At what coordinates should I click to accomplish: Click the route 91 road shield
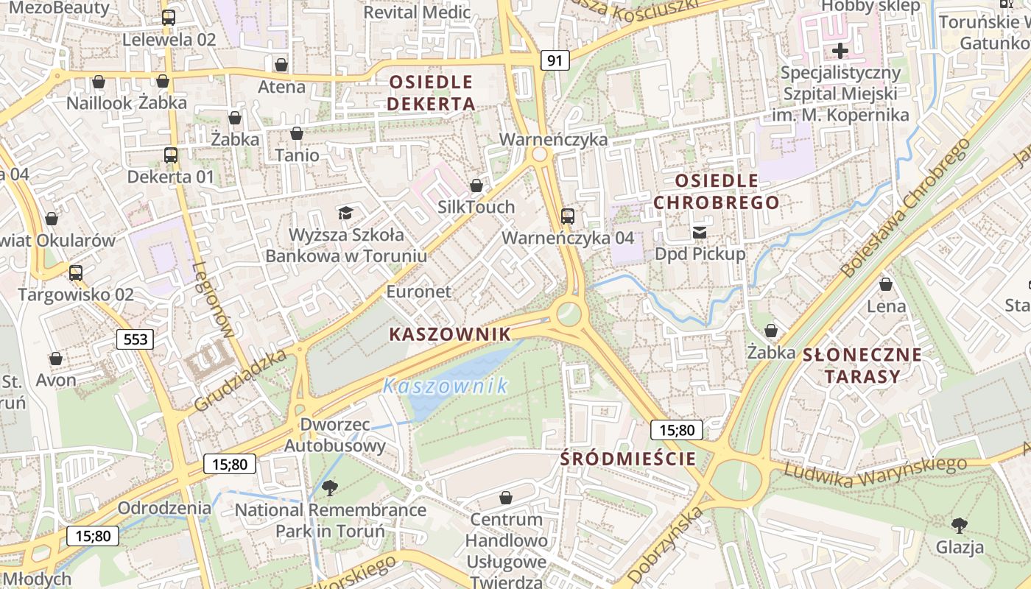point(555,60)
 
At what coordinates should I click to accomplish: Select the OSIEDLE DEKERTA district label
point(431,92)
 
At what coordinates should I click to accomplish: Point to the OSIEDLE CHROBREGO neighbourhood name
point(716,191)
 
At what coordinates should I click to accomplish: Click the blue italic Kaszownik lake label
point(446,385)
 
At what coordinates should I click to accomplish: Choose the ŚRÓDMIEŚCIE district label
point(627,459)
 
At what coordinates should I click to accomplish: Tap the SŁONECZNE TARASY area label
point(862,365)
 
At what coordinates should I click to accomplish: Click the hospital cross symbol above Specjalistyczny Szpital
point(840,51)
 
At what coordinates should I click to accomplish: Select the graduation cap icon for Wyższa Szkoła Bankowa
point(345,214)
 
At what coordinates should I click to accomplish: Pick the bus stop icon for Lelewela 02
point(169,18)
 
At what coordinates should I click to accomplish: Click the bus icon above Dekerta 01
point(171,155)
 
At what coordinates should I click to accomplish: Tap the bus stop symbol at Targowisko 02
point(76,272)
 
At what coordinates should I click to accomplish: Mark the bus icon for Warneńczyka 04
point(568,216)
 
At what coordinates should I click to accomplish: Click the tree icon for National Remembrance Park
point(330,487)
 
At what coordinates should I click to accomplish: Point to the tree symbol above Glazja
point(959,525)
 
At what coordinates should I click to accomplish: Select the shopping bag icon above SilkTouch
point(476,186)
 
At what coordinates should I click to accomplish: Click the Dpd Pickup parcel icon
point(700,233)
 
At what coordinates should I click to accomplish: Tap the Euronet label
point(418,292)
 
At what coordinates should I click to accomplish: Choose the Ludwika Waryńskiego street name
point(874,471)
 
